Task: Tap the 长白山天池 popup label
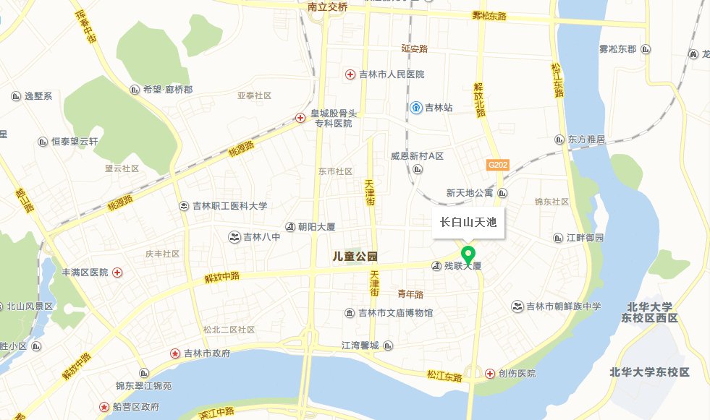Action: pos(468,223)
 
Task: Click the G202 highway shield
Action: pos(498,165)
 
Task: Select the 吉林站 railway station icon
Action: pos(417,108)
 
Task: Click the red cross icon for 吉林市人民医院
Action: pos(349,74)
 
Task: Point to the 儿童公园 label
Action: pos(356,256)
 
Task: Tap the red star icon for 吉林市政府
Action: pos(175,353)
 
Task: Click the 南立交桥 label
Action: pos(328,7)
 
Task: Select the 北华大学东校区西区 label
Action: pos(651,312)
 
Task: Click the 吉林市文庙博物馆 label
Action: pos(397,313)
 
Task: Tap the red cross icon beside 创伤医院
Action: pos(490,373)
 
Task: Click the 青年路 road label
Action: pos(410,294)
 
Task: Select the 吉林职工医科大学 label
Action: pos(229,206)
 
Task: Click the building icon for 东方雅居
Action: pos(559,139)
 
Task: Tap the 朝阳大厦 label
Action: pos(317,226)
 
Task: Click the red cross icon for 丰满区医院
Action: pos(117,273)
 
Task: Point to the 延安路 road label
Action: pos(415,49)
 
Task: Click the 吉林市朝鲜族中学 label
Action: pos(564,307)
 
